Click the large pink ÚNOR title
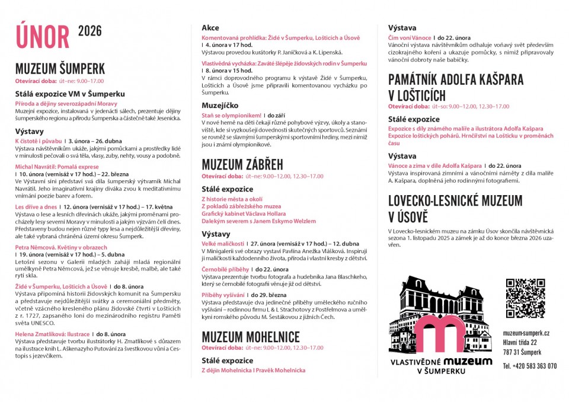(x=43, y=36)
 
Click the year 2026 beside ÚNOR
(x=90, y=31)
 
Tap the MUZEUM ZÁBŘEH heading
(x=242, y=164)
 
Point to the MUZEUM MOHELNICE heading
(x=251, y=337)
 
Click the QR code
(x=525, y=298)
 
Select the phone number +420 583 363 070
(x=529, y=366)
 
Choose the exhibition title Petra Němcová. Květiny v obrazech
(x=53, y=247)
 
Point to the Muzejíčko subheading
(x=220, y=105)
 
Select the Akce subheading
(x=210, y=28)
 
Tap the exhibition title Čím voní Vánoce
(x=410, y=37)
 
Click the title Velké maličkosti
(x=223, y=243)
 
